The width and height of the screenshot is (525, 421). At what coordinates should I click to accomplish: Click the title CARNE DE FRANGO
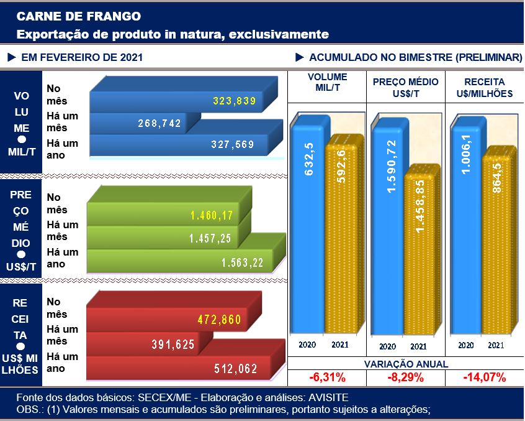(78, 16)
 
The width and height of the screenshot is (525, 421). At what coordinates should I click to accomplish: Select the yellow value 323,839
(234, 101)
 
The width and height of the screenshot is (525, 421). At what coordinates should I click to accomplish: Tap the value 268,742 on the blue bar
(159, 123)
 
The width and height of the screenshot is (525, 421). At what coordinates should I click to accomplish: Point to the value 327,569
(233, 145)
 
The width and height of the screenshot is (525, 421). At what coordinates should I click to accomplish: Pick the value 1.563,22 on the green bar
(242, 263)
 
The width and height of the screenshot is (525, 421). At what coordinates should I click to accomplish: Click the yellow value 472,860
(219, 320)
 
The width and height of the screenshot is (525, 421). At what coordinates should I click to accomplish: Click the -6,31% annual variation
(327, 377)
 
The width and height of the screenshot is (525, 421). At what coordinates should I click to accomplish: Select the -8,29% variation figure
(406, 377)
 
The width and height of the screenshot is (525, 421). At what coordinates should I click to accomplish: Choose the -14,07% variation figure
(484, 377)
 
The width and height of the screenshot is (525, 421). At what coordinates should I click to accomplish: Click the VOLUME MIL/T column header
(327, 86)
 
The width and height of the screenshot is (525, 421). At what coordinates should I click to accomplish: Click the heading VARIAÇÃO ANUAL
(406, 364)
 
